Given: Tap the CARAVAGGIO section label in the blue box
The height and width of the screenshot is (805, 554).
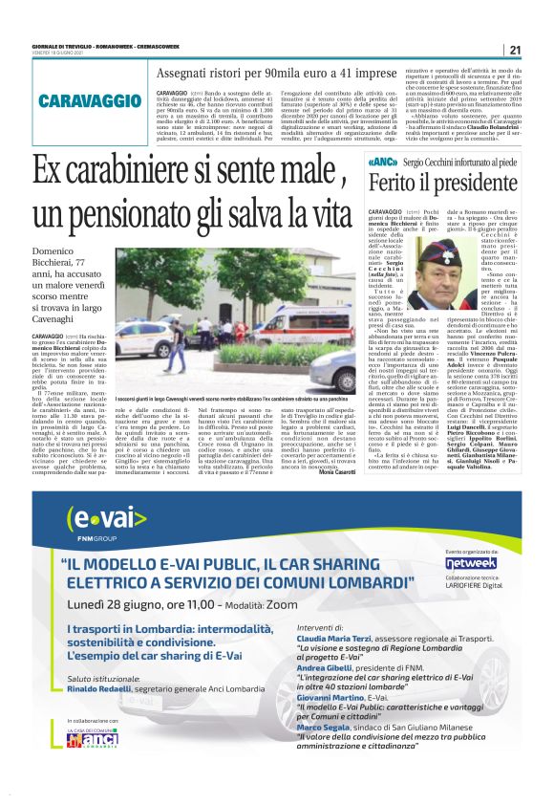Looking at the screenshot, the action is (90, 100).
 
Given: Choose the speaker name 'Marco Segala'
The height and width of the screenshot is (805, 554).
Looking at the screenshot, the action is (329, 753).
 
